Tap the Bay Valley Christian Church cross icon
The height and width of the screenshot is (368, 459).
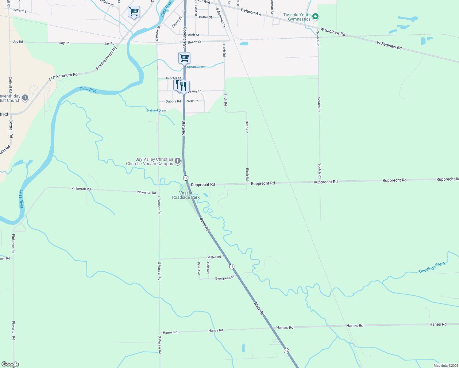point(177,161)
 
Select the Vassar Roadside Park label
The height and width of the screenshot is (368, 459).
point(186,195)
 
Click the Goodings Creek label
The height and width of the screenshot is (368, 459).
point(432,267)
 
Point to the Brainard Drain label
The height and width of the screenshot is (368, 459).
point(156,110)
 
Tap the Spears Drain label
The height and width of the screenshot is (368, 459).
point(196,67)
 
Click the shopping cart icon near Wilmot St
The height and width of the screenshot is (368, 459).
point(134,12)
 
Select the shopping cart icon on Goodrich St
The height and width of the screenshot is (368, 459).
point(184,57)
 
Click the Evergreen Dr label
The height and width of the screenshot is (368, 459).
point(225,278)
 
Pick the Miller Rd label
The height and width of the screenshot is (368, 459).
point(214,257)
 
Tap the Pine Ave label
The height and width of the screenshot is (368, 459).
point(199,268)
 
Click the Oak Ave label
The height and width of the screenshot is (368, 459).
point(208,268)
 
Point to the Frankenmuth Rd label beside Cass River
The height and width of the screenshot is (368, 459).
point(63,77)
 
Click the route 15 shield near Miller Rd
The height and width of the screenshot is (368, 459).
point(232,266)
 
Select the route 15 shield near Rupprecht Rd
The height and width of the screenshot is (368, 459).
point(186,178)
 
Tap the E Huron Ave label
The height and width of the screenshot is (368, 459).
point(252,12)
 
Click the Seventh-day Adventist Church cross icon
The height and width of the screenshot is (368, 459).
point(25,98)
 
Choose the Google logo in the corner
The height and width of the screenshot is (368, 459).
point(10,364)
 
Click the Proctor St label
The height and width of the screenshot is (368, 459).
point(173,78)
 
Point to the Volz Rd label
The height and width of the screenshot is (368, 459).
point(193,101)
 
